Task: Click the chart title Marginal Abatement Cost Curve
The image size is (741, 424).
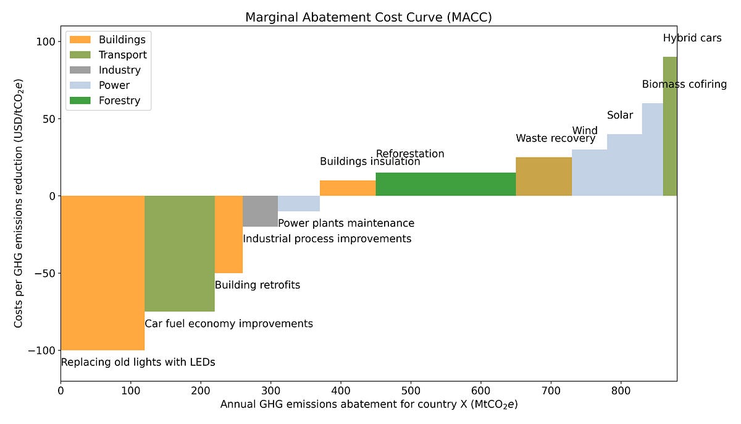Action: [369, 17]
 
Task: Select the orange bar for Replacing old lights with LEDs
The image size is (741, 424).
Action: [103, 273]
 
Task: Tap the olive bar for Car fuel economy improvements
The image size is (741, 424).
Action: [180, 253]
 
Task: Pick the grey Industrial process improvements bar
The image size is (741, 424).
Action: [260, 211]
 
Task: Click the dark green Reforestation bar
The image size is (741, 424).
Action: [446, 184]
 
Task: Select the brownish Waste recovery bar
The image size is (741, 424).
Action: [543, 177]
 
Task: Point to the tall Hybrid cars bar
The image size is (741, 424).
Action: [670, 126]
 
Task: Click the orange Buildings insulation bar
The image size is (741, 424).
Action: [348, 188]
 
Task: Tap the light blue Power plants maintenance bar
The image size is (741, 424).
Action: [299, 203]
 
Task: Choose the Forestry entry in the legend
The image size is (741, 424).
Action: [119, 100]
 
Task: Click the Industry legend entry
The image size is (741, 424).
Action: [119, 70]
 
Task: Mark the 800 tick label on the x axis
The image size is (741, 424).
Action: [621, 391]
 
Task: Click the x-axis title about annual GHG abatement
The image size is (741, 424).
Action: [369, 405]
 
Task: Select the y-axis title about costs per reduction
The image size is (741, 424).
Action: [19, 204]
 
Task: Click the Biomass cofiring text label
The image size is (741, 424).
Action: [684, 84]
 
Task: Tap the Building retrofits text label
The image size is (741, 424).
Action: [257, 285]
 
